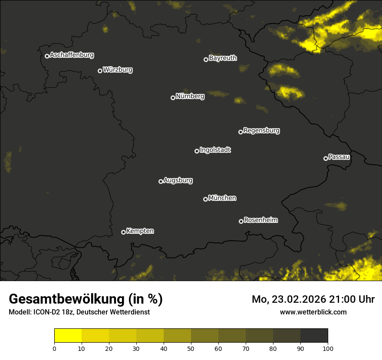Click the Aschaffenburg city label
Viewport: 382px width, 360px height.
click(x=72, y=55)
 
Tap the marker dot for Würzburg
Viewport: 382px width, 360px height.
click(x=100, y=71)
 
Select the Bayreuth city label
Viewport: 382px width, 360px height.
click(x=223, y=58)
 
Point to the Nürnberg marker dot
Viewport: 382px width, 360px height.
click(x=173, y=98)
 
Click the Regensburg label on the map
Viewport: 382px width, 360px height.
click(x=261, y=131)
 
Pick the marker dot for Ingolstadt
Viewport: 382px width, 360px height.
click(x=197, y=151)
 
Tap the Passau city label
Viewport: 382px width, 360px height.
click(x=339, y=157)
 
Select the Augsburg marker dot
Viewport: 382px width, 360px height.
click(x=161, y=181)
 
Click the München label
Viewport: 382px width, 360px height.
click(x=222, y=198)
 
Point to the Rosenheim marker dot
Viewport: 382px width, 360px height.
click(x=241, y=221)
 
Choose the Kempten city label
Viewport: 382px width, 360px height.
click(x=140, y=231)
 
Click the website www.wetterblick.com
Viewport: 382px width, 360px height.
click(x=313, y=312)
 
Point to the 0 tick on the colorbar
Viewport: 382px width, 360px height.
click(x=54, y=348)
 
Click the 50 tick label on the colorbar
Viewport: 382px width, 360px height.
click(x=191, y=348)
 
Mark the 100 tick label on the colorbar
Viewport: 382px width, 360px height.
click(x=328, y=348)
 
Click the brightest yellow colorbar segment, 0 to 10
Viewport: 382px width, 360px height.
click(x=68, y=336)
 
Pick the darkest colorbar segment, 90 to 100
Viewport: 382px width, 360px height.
click(x=314, y=336)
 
